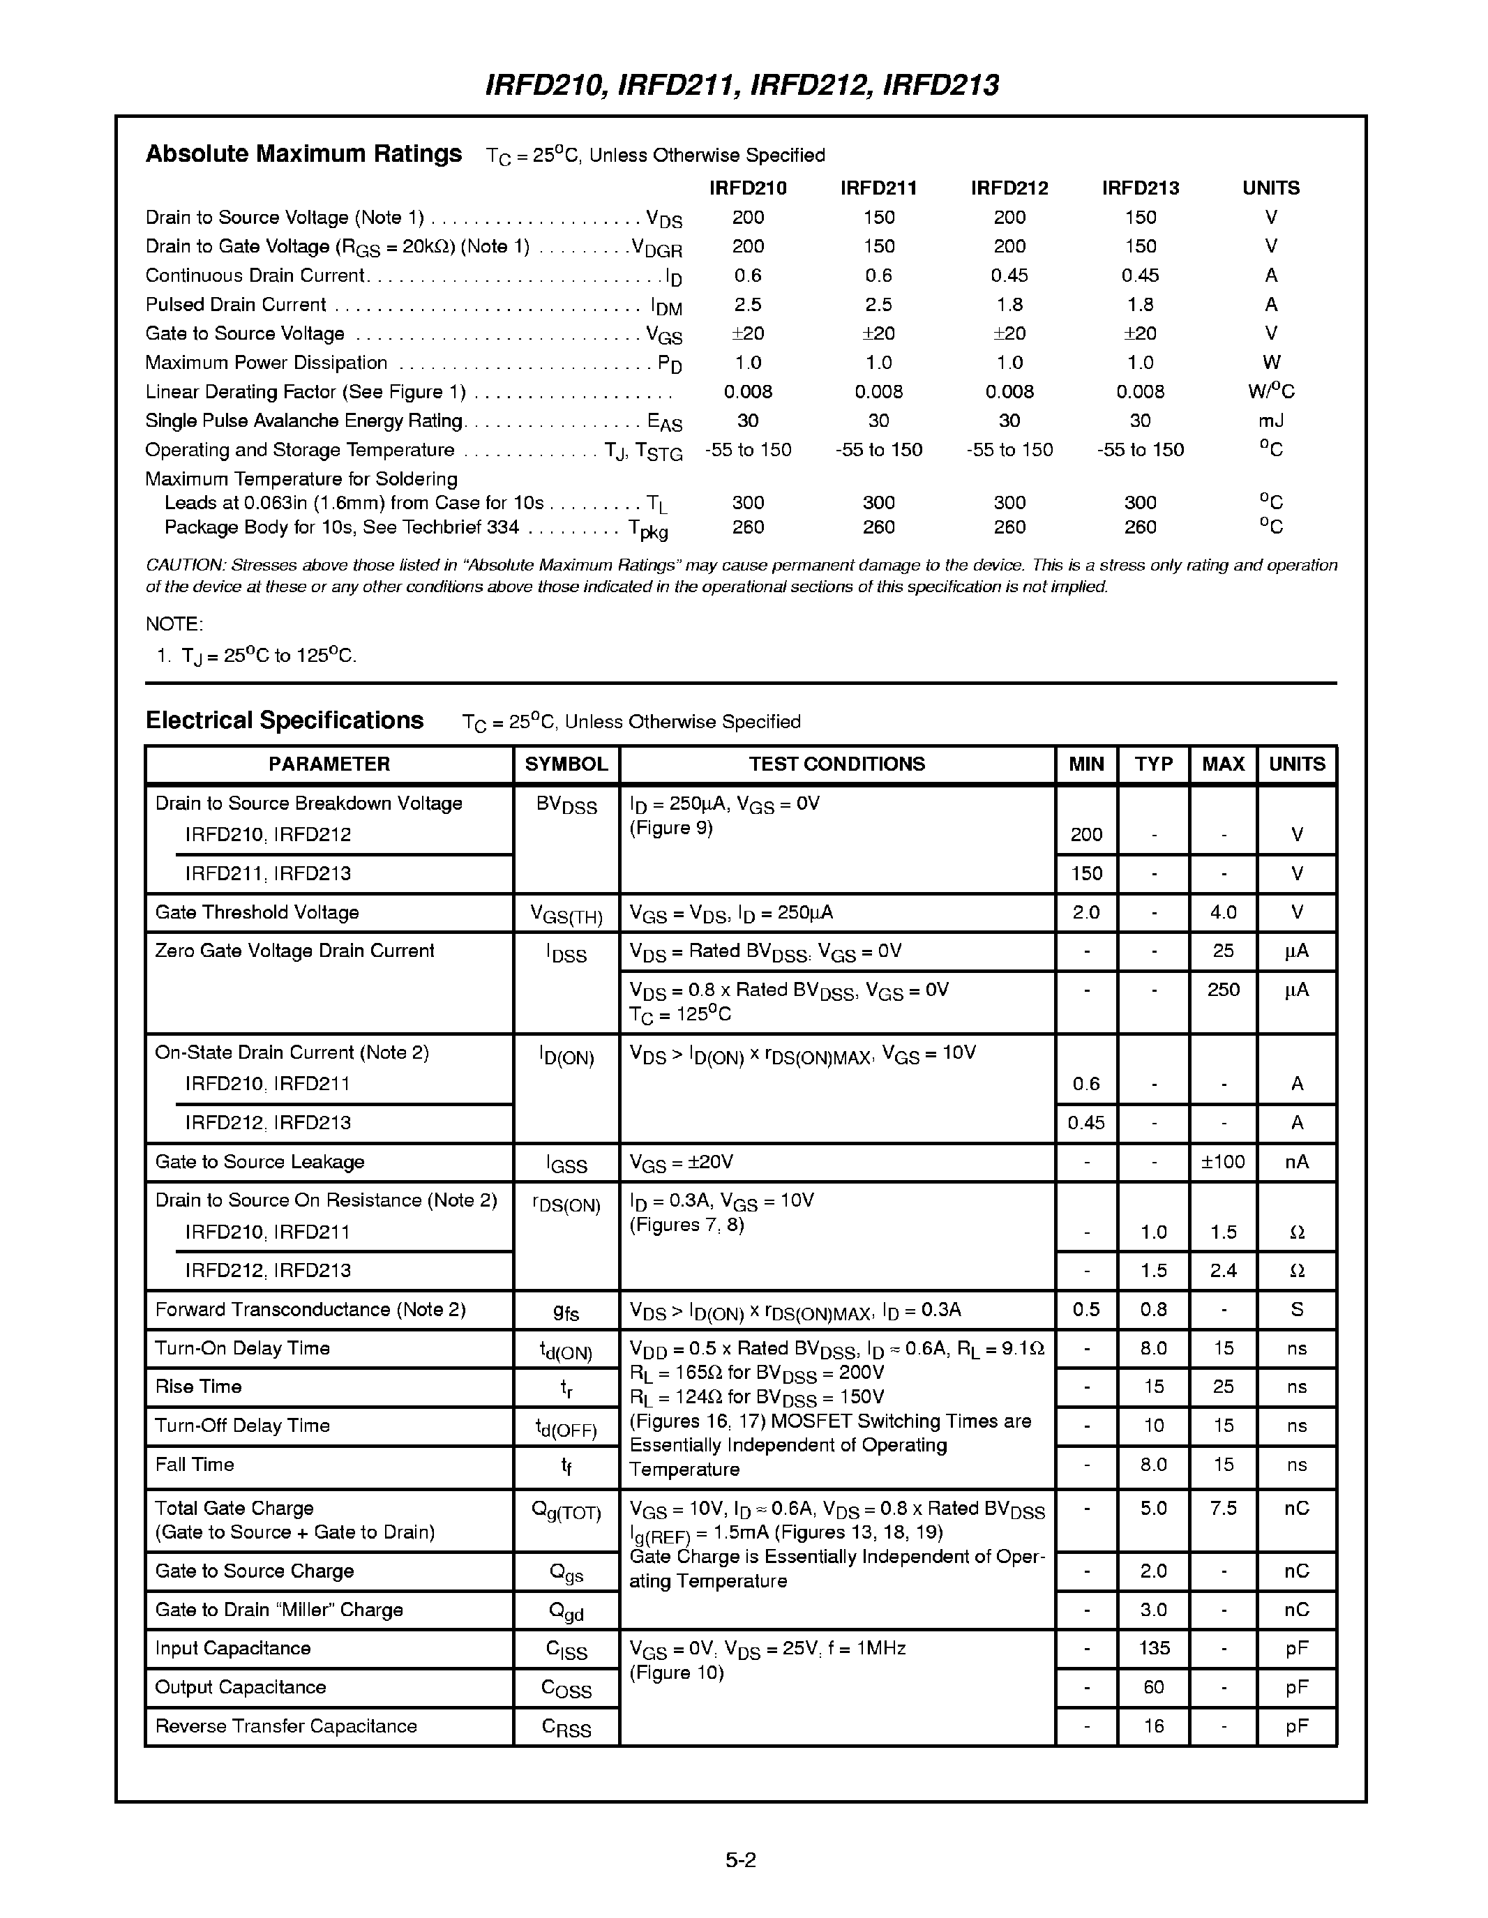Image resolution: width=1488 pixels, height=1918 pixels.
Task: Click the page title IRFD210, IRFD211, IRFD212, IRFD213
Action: coord(742,85)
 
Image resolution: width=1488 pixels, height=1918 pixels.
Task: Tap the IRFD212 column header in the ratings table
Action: coord(1009,188)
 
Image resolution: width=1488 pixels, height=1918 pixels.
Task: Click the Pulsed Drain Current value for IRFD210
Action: coord(748,305)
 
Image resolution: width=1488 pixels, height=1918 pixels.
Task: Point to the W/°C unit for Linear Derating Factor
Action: coord(1270,392)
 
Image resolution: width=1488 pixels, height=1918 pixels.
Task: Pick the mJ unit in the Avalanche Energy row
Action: coord(1271,421)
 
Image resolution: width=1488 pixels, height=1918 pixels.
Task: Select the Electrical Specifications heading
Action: coord(285,720)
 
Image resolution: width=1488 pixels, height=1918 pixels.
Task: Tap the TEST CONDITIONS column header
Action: coord(836,764)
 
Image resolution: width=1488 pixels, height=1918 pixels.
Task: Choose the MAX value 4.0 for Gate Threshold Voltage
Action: coord(1223,912)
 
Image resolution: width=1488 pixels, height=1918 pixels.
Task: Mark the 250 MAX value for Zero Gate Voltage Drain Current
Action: coord(1223,990)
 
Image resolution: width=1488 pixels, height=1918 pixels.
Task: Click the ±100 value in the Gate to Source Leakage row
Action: coord(1223,1162)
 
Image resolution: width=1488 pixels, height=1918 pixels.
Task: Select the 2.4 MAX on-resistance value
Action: coord(1223,1271)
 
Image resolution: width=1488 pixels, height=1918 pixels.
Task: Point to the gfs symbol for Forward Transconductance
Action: coord(566,1311)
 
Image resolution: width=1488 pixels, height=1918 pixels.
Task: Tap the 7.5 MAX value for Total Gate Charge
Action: coord(1223,1509)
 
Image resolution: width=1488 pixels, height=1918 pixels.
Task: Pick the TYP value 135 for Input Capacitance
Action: coord(1153,1648)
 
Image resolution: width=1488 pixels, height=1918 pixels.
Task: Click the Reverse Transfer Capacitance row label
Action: coord(285,1726)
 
